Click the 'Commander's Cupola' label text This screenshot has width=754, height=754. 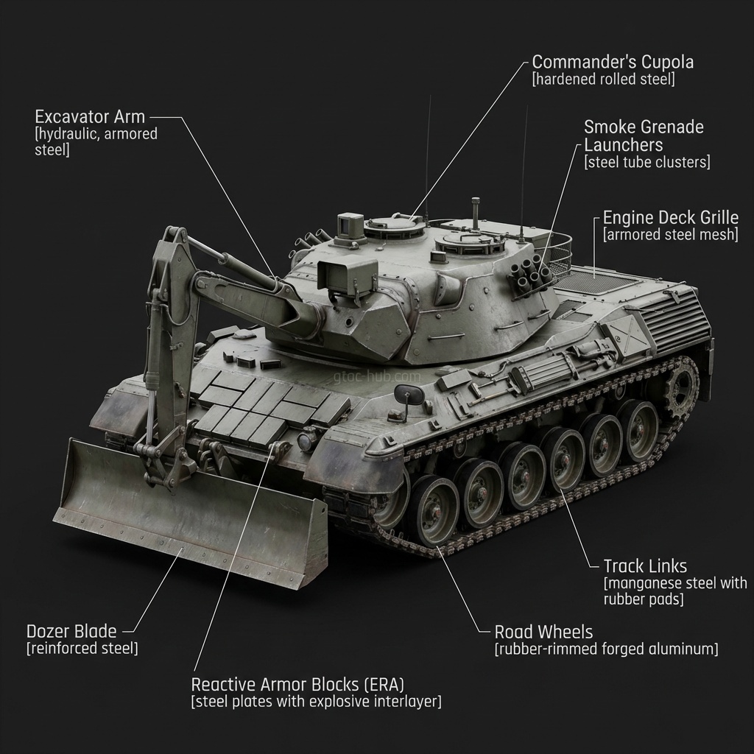pyautogui.click(x=613, y=62)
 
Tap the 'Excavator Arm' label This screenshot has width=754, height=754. pyautogui.click(x=90, y=116)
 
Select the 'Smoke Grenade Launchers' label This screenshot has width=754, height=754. pyautogui.click(x=644, y=135)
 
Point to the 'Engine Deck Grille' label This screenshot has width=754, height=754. pyautogui.click(x=670, y=217)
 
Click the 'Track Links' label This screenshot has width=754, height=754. pyautogui.click(x=645, y=566)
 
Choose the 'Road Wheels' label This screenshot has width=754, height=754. pyautogui.click(x=543, y=632)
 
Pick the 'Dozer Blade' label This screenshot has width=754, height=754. pyautogui.click(x=71, y=631)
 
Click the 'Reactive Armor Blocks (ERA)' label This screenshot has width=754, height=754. pyautogui.click(x=297, y=683)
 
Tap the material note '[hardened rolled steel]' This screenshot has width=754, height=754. pyautogui.click(x=603, y=80)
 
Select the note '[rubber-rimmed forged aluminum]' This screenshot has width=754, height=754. pyautogui.click(x=606, y=649)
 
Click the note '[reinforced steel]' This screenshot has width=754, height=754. pyautogui.click(x=82, y=649)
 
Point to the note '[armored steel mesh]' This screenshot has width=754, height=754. pyautogui.click(x=670, y=235)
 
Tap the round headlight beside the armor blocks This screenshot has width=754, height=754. pyautogui.click(x=305, y=442)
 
